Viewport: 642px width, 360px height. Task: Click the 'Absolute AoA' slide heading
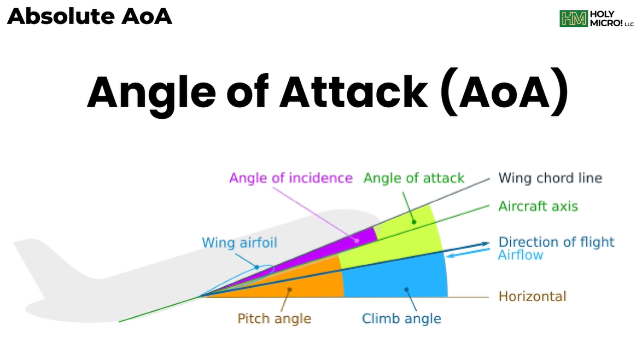(90, 16)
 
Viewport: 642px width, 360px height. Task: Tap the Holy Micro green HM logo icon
(573, 19)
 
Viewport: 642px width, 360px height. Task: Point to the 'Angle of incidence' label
(290, 178)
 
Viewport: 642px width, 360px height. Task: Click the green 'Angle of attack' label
(414, 178)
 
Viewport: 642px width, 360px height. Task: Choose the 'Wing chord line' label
(550, 178)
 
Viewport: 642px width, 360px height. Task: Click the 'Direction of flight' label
(556, 242)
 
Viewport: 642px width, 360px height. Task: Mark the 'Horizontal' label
(532, 296)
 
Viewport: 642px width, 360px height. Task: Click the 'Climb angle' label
(401, 318)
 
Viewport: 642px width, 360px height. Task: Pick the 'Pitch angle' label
(274, 318)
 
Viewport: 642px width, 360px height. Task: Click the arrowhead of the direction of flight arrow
(485, 244)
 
